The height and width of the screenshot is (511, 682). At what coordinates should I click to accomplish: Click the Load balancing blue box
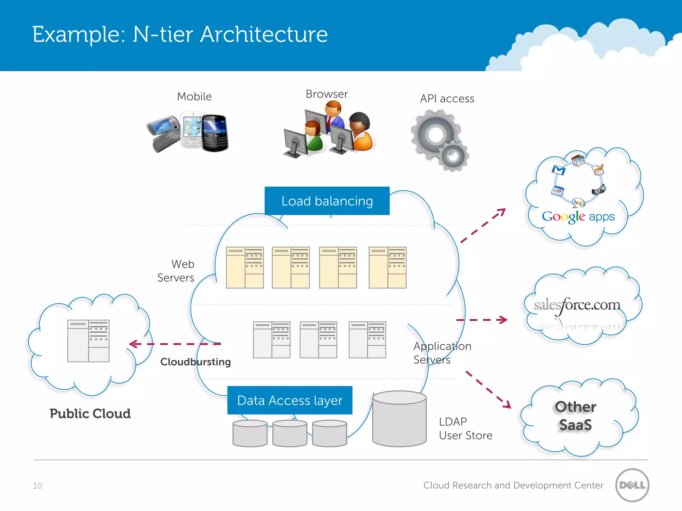[327, 201]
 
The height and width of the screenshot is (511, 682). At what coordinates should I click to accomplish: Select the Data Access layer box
[289, 400]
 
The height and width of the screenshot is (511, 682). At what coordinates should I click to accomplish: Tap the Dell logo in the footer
[632, 485]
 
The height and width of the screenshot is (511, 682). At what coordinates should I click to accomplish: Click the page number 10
[37, 486]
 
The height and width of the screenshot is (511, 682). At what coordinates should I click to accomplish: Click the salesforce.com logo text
[577, 305]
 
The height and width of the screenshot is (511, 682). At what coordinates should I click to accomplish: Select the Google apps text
[578, 217]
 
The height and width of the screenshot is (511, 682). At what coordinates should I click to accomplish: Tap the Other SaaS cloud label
[575, 416]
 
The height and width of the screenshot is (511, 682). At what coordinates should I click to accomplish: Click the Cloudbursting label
[195, 362]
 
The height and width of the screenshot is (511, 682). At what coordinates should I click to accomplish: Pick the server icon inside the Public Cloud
[88, 341]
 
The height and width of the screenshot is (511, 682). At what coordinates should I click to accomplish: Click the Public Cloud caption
[90, 414]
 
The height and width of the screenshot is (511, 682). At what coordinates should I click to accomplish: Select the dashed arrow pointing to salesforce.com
[482, 320]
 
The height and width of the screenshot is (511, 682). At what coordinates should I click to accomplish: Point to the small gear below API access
[453, 156]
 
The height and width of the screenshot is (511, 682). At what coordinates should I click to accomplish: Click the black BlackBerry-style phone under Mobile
[215, 133]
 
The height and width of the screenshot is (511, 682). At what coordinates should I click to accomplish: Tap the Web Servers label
[176, 270]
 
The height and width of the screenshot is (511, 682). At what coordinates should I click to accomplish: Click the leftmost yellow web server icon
[245, 267]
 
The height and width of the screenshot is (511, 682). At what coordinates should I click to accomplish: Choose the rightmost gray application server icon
[367, 340]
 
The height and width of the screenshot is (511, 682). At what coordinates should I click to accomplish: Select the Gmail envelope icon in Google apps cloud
[558, 170]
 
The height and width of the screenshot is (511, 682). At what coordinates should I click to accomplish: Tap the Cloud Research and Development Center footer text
[513, 485]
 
